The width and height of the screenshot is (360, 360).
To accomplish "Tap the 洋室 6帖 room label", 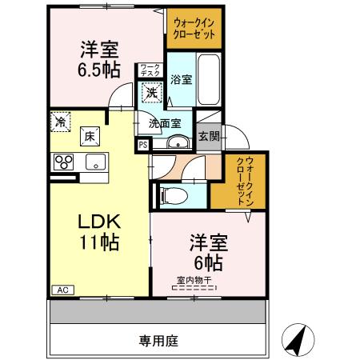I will tap(206, 251).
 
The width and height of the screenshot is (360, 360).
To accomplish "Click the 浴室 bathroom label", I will tap(181, 79).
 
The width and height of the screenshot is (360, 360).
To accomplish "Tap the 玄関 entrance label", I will tap(209, 135).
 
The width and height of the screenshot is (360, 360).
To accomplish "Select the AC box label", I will tap(60, 290).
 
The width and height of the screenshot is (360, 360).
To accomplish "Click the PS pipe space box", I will tap(142, 145).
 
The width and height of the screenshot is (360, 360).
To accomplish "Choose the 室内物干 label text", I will tap(197, 280).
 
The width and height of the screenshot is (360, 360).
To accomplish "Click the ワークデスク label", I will tap(149, 70).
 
